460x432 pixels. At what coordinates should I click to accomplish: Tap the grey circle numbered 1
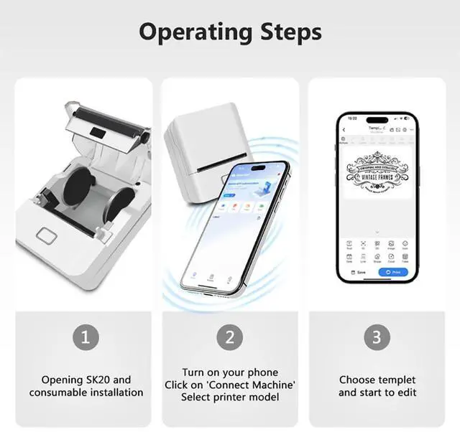[85, 337]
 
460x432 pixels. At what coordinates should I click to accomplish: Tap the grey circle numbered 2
[230, 337]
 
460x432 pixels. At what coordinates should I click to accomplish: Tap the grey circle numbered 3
[377, 337]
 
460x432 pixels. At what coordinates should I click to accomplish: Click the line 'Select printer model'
[230, 397]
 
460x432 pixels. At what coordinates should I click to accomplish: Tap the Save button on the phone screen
[357, 272]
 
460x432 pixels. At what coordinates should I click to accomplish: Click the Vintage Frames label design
[377, 172]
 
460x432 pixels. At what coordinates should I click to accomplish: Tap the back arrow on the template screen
[344, 130]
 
